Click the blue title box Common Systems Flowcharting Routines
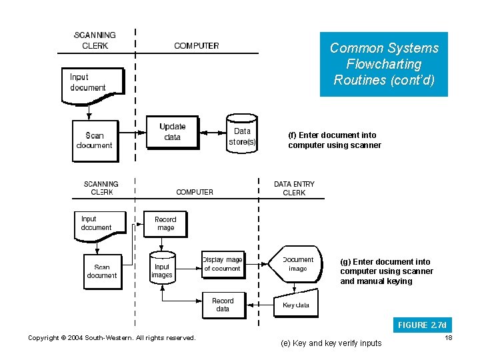[x=384, y=64]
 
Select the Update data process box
[x=173, y=132]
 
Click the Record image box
[x=165, y=223]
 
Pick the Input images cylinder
[x=162, y=269]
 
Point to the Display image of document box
[x=223, y=264]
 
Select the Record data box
[x=223, y=305]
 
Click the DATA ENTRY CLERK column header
[x=294, y=188]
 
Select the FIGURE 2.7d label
[x=422, y=325]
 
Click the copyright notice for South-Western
[x=111, y=338]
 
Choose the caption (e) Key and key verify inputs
[x=331, y=343]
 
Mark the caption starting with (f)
[x=335, y=140]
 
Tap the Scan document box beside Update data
[x=95, y=140]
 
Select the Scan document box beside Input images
[x=102, y=271]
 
